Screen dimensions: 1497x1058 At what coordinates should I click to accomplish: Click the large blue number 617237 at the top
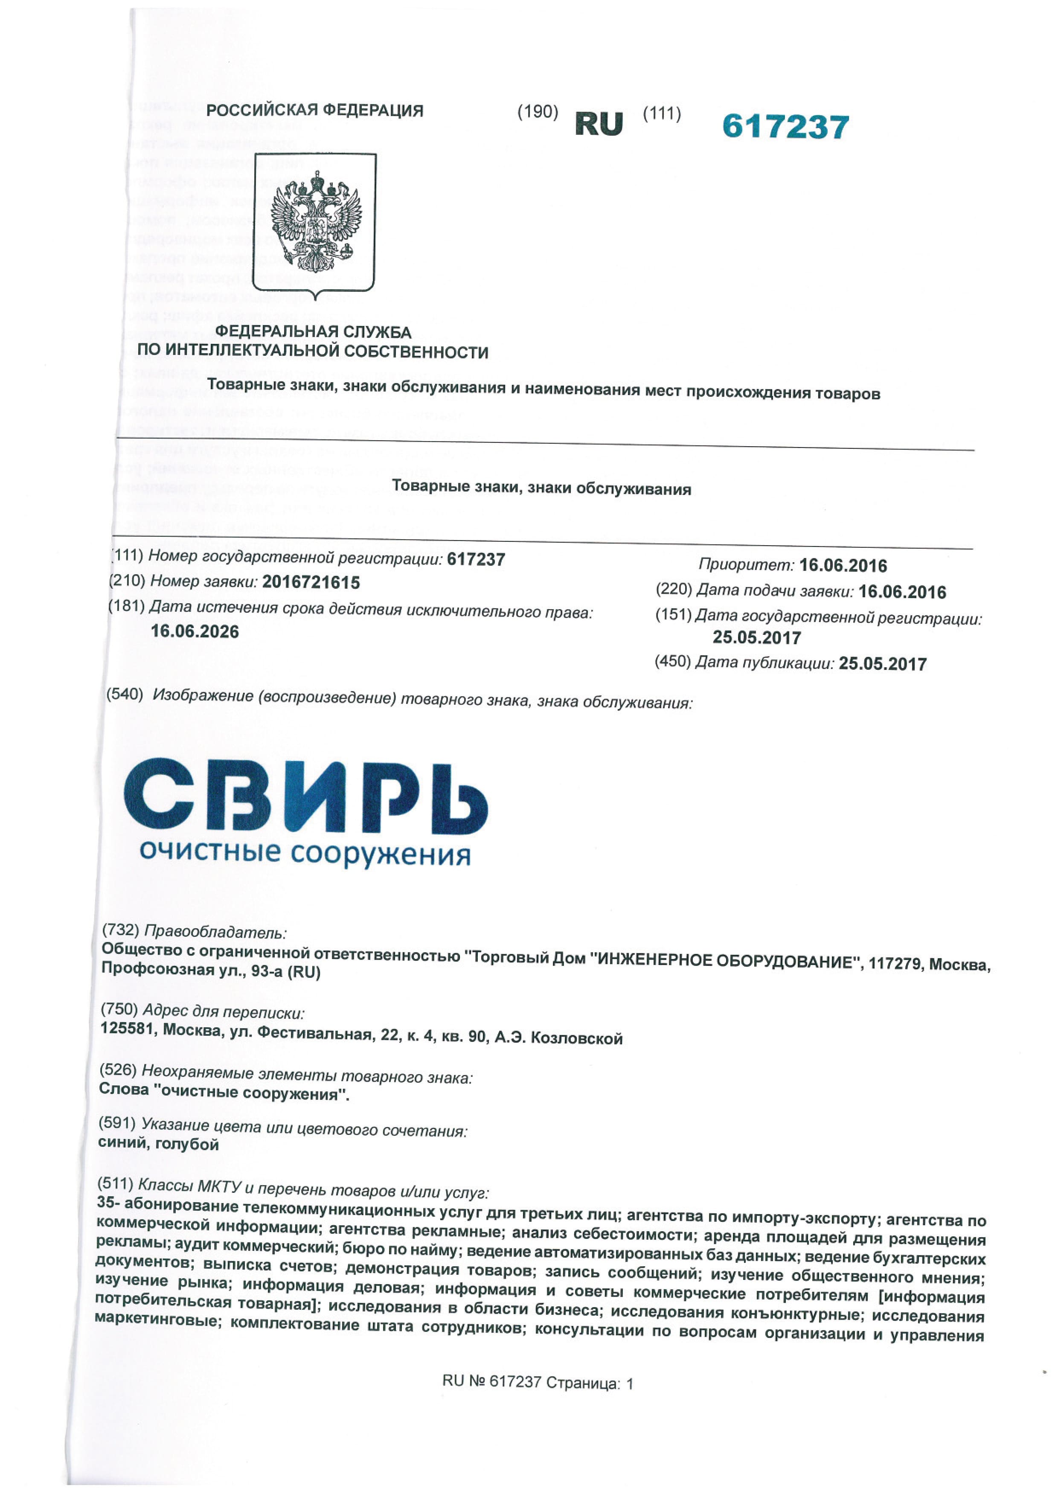pyautogui.click(x=785, y=126)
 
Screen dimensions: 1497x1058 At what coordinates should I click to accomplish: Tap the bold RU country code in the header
pyautogui.click(x=599, y=124)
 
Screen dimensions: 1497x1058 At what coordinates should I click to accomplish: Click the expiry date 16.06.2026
pyautogui.click(x=195, y=631)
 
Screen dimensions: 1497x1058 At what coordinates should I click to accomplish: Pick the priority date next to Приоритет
pyautogui.click(x=843, y=565)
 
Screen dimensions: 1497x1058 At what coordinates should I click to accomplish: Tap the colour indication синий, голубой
pyautogui.click(x=158, y=1145)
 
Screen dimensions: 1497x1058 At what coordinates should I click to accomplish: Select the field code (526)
pyautogui.click(x=118, y=1070)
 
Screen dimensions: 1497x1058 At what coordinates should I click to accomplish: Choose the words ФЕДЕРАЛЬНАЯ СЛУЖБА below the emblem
pyautogui.click(x=314, y=332)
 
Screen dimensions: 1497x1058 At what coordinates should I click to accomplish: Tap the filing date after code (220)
pyautogui.click(x=902, y=592)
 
